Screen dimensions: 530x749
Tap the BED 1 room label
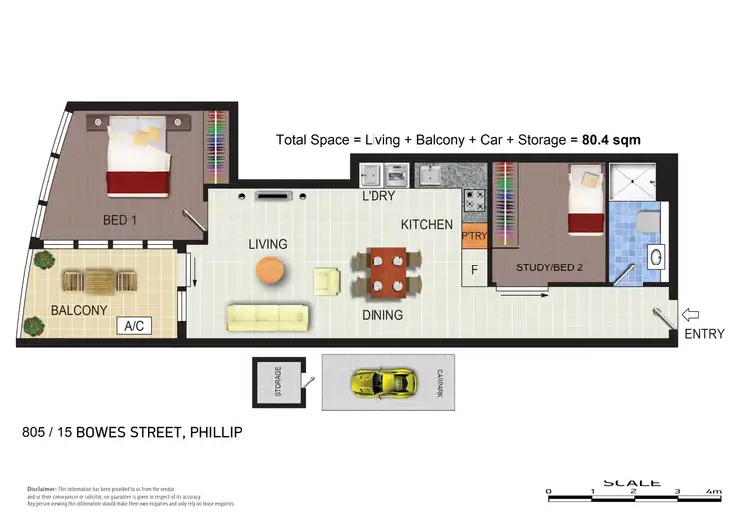coord(120,220)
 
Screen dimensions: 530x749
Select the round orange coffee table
coord(269,269)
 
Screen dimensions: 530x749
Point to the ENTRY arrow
coord(690,313)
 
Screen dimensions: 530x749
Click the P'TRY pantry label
coord(473,237)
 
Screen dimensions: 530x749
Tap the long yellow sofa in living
coord(266,318)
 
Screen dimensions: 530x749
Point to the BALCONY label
coord(79,310)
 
